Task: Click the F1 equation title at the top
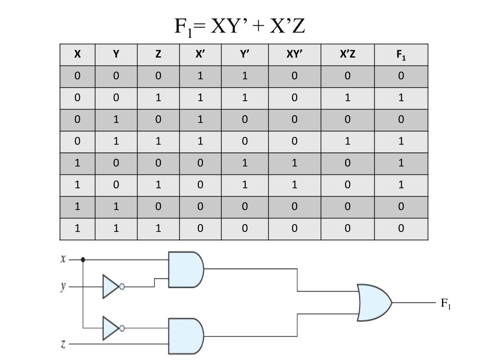(x=240, y=26)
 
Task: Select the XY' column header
(x=294, y=54)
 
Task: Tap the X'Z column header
(x=347, y=54)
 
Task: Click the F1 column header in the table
(x=401, y=55)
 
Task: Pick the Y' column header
(x=245, y=54)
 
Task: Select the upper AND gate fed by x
(x=186, y=270)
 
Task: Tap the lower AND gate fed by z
(x=186, y=336)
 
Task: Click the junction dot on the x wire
(x=82, y=260)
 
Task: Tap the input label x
(x=63, y=259)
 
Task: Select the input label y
(x=63, y=287)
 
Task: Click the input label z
(x=63, y=344)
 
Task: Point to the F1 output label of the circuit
(x=446, y=304)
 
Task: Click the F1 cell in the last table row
(x=401, y=228)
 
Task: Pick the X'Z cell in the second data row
(x=347, y=97)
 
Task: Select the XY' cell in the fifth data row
(x=294, y=163)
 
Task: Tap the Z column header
(x=158, y=54)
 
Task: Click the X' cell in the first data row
(x=200, y=76)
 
